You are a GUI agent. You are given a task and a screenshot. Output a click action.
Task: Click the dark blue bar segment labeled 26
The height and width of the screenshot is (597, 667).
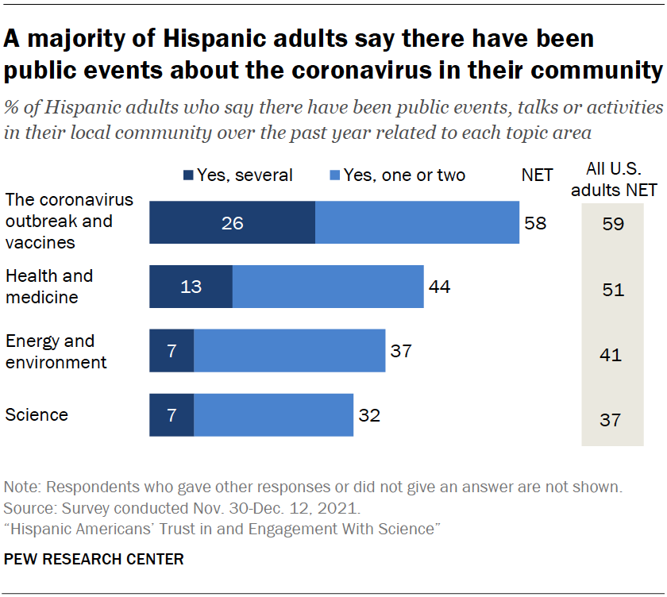232,222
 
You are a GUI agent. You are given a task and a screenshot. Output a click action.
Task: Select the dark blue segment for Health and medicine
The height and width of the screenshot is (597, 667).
191,287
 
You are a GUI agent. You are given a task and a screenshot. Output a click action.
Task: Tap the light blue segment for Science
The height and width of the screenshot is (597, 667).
273,414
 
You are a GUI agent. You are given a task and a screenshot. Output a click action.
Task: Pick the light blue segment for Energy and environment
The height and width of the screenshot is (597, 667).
289,351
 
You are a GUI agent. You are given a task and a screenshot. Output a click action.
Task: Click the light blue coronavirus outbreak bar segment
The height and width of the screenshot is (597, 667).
417,222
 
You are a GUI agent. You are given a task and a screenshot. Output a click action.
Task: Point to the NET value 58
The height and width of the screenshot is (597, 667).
535,222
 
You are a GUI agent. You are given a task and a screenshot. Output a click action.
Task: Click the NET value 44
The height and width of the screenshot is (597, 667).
439,287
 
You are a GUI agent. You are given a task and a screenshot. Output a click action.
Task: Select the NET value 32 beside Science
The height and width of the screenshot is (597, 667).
369,414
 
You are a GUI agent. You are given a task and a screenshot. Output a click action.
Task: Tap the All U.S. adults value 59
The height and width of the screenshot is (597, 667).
612,225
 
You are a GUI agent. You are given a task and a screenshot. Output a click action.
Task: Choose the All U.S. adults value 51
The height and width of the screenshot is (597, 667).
612,290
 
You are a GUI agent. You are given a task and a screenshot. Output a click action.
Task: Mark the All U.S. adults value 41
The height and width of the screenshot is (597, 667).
612,355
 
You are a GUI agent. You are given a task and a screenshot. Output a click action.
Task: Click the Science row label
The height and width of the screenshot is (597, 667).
37,414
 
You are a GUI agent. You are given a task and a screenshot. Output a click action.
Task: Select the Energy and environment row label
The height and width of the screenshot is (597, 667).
56,352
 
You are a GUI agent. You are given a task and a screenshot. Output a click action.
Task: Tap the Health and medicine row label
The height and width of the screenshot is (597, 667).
49,287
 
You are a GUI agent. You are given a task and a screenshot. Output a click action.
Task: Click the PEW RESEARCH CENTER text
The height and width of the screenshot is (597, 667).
94,559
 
